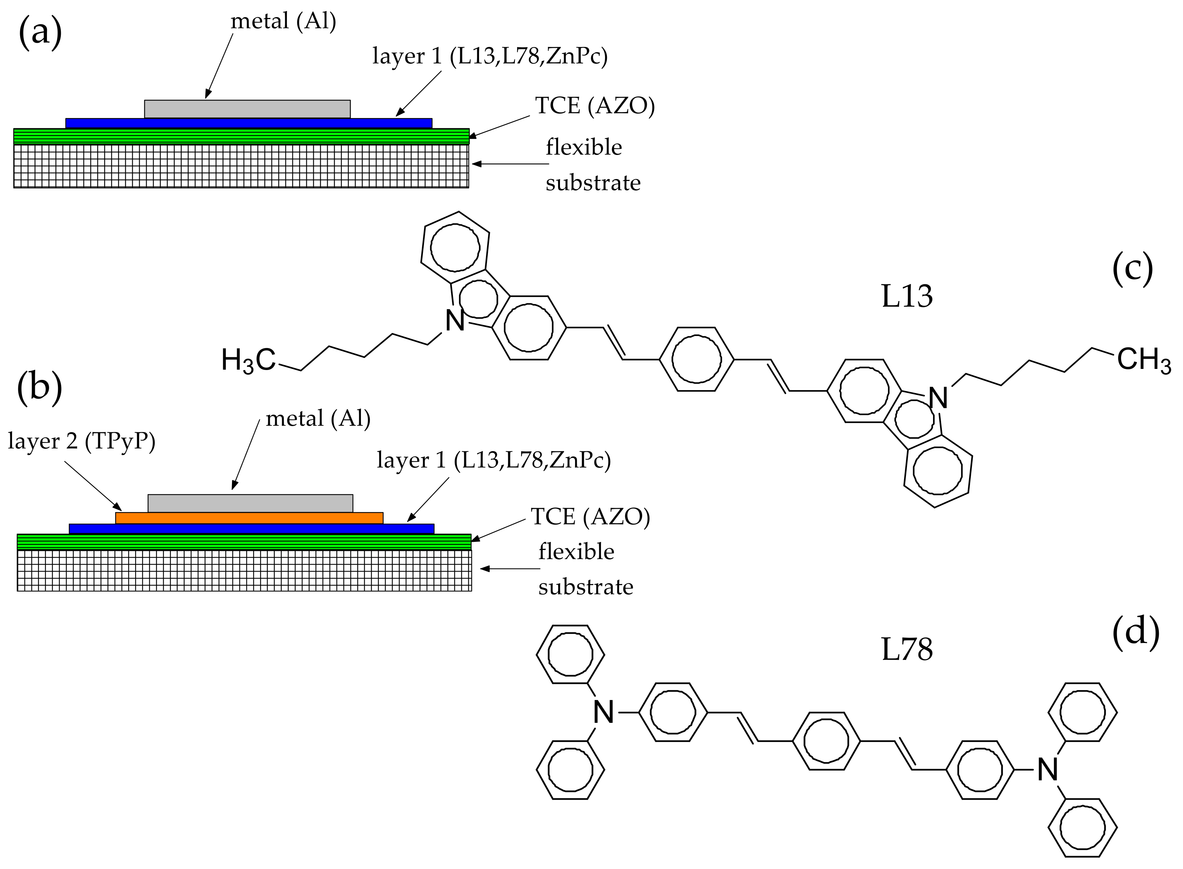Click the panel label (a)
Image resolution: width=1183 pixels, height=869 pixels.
click(40, 33)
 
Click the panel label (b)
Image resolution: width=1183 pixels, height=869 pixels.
click(40, 387)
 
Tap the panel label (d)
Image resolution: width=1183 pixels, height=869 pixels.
click(1136, 631)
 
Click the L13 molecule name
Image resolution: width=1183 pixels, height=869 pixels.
click(906, 296)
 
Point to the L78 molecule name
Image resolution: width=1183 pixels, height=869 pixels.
click(906, 650)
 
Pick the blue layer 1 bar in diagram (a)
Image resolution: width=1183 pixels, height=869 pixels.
click(248, 123)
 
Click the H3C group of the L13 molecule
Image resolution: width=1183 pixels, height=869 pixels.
click(248, 361)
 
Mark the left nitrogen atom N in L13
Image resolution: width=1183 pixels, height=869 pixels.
click(455, 320)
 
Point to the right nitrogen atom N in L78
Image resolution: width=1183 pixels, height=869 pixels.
click(1047, 770)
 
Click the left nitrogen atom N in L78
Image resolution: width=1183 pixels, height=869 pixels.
click(603, 713)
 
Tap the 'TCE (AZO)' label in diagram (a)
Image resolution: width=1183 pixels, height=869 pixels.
click(595, 106)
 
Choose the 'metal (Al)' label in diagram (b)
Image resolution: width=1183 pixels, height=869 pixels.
click(318, 419)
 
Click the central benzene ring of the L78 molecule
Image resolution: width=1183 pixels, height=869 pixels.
click(826, 741)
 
